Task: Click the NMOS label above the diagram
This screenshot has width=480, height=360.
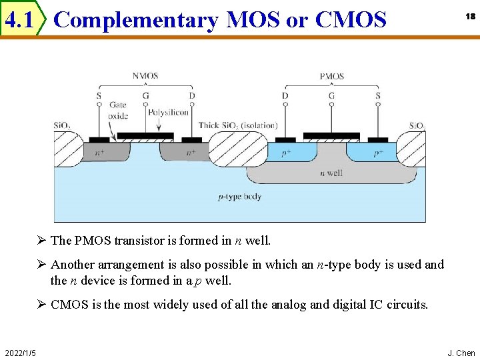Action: (145, 76)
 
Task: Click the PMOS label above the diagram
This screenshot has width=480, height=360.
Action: (331, 76)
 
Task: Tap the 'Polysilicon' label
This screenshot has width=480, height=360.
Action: (168, 113)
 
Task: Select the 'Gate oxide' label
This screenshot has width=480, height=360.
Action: (118, 110)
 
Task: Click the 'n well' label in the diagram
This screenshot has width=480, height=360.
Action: (331, 173)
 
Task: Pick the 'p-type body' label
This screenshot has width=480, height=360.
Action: (240, 197)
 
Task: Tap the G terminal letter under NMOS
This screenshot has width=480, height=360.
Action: (145, 95)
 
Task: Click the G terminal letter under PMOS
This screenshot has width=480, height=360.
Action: (331, 95)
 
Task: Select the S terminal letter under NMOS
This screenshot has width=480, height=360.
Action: (99, 95)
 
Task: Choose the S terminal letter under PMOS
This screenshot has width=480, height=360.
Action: (378, 95)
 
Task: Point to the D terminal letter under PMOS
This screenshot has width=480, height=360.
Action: (285, 95)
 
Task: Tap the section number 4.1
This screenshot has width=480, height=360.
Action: (19, 21)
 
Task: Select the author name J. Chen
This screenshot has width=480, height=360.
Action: (461, 352)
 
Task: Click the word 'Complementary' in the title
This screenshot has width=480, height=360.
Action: (135, 21)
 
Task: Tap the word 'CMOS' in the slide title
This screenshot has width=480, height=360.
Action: (351, 21)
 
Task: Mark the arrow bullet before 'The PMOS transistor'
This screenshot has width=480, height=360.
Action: (41, 240)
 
